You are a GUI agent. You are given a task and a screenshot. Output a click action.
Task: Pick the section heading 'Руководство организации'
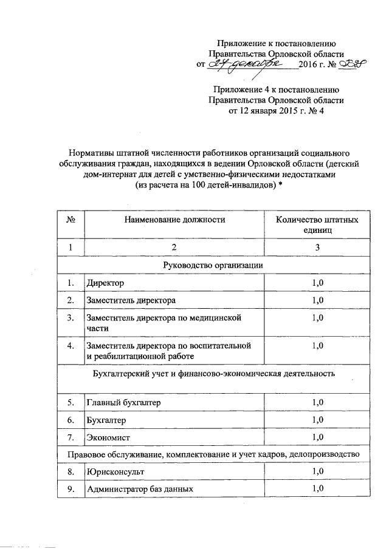click(x=213, y=265)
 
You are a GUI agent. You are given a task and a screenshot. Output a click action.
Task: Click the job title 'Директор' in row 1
click(x=105, y=283)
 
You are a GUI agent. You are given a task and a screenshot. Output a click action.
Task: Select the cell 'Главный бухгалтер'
click(x=125, y=402)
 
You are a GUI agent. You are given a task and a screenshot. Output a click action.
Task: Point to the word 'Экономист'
click(x=109, y=437)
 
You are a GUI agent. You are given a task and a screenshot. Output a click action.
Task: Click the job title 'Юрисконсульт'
click(x=115, y=471)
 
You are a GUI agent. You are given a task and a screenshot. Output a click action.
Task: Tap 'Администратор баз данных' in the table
click(x=140, y=488)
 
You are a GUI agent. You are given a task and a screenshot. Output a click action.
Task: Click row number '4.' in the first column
click(x=71, y=345)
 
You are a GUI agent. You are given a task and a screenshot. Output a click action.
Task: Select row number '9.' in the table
click(x=71, y=488)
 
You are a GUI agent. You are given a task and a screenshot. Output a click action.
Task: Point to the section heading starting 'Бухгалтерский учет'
click(x=213, y=372)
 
